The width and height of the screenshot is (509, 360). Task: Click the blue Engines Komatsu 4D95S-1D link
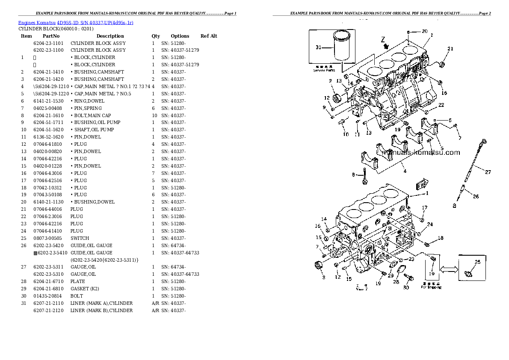[x=76, y=22]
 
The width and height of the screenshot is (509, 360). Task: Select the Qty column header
[x=156, y=36]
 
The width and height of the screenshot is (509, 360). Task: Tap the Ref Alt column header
[x=209, y=36]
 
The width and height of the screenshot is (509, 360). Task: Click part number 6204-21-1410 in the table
[x=48, y=72]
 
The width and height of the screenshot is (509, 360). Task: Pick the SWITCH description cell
[x=80, y=238]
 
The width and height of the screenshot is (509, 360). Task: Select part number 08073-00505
[x=48, y=238]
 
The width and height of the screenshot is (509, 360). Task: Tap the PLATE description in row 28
[x=77, y=281]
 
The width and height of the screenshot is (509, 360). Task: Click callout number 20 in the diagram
[x=424, y=31]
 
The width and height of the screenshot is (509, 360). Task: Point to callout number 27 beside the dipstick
[x=488, y=172]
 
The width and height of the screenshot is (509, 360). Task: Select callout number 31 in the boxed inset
[x=318, y=47]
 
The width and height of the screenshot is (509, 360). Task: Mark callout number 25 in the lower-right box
[x=477, y=262]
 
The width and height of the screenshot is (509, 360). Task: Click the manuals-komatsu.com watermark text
[x=420, y=153]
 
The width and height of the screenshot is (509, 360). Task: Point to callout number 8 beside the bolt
[x=353, y=174]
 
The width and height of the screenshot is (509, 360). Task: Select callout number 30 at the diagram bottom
[x=406, y=287]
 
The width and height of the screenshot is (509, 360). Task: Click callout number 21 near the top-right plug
[x=450, y=49]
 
